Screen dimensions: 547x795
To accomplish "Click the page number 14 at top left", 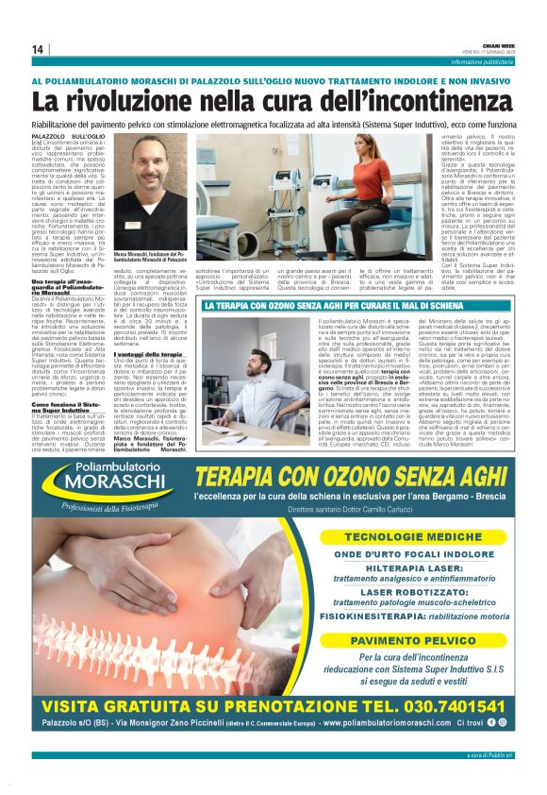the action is [38, 49].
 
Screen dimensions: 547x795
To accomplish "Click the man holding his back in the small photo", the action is [255, 380].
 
